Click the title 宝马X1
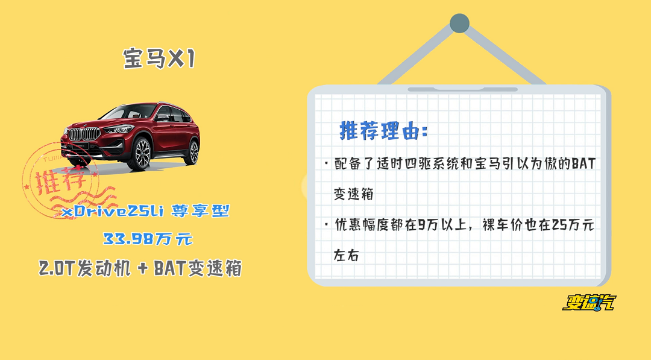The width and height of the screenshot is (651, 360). (159, 58)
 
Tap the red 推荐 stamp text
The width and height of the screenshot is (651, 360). (60, 180)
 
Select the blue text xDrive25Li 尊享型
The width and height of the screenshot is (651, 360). (145, 211)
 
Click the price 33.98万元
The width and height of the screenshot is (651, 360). (148, 239)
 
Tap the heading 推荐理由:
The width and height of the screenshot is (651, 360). (383, 130)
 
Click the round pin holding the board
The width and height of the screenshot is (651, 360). (459, 24)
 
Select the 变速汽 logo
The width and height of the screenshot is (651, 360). (589, 303)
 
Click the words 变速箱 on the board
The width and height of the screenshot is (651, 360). (354, 194)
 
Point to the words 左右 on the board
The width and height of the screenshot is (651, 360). (346, 255)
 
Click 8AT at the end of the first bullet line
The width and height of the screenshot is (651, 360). (583, 163)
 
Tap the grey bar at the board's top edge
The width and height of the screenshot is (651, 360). (462, 89)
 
